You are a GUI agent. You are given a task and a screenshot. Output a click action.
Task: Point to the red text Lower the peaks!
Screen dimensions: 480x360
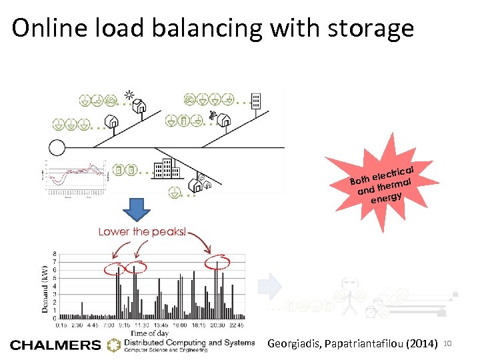pos(143,232)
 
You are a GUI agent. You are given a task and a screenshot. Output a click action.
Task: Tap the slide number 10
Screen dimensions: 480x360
pos(447,343)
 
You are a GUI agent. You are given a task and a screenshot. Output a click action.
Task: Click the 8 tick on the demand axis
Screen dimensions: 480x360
pos(54,254)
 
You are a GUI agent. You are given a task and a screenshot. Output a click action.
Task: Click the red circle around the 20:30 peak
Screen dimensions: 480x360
pos(216,262)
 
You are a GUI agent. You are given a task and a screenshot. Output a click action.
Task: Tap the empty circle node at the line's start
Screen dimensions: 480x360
pos(57,147)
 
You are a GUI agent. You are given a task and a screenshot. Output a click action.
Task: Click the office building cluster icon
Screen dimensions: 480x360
pos(163,171)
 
